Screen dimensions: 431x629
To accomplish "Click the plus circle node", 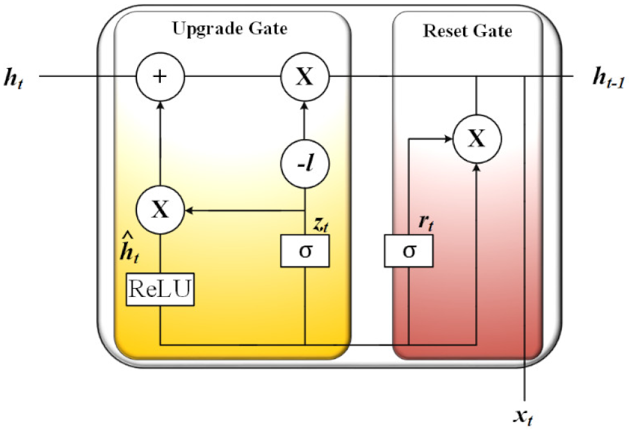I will tap(160, 78).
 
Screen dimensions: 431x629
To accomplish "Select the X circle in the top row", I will tap(305, 78).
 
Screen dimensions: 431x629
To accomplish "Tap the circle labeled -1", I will tap(305, 165).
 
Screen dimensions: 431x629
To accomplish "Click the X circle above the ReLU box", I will tap(160, 210).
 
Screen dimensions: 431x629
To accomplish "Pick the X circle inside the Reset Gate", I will tap(477, 139).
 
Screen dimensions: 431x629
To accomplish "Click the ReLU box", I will tap(160, 289).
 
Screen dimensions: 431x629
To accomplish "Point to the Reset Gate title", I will tap(468, 31).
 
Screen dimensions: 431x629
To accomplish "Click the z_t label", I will tap(320, 222).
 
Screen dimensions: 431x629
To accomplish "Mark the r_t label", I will tap(423, 222).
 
